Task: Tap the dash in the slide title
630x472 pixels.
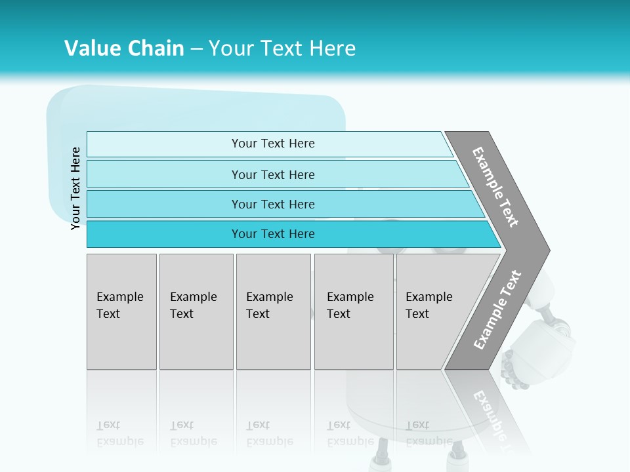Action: pyautogui.click(x=196, y=49)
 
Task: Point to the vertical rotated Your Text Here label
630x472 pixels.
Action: pyautogui.click(x=76, y=188)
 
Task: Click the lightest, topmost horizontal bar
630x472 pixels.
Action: pyautogui.click(x=273, y=144)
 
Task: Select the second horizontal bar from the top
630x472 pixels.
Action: pyautogui.click(x=273, y=174)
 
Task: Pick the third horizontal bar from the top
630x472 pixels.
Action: pyautogui.click(x=273, y=204)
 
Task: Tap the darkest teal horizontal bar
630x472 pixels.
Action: pyautogui.click(x=273, y=234)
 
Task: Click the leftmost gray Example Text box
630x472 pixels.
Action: pyautogui.click(x=121, y=311)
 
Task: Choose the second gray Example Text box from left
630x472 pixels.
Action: pyautogui.click(x=196, y=311)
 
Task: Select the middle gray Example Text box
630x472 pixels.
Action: pyautogui.click(x=273, y=311)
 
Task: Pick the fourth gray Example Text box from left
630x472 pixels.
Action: pyautogui.click(x=354, y=311)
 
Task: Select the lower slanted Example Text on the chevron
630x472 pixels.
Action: pyautogui.click(x=497, y=310)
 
